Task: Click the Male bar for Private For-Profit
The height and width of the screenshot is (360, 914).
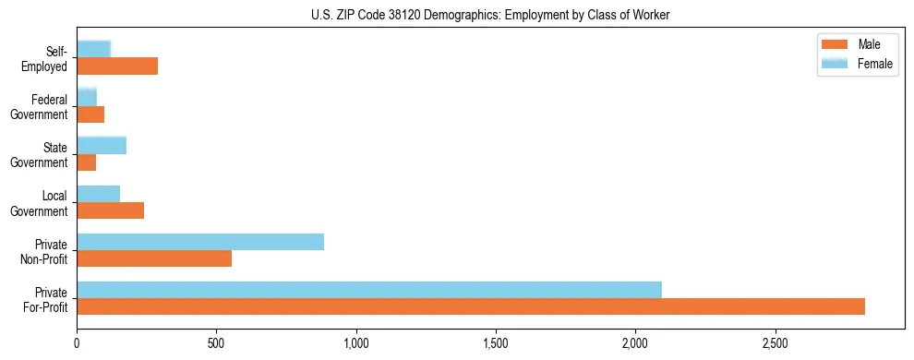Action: click(x=471, y=306)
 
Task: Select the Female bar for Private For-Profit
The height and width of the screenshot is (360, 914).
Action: click(x=369, y=290)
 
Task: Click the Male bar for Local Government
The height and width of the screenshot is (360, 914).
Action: click(x=111, y=210)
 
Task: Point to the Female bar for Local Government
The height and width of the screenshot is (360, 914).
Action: click(x=99, y=194)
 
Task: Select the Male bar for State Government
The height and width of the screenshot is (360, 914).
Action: click(x=87, y=162)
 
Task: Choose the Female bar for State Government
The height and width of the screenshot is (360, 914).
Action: click(x=102, y=146)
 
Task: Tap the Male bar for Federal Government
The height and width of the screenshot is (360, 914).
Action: click(x=90, y=114)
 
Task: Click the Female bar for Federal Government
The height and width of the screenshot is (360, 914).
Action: click(x=87, y=98)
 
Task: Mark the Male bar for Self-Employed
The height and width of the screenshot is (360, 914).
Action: click(x=117, y=66)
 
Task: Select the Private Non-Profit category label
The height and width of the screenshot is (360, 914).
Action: click(x=45, y=250)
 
